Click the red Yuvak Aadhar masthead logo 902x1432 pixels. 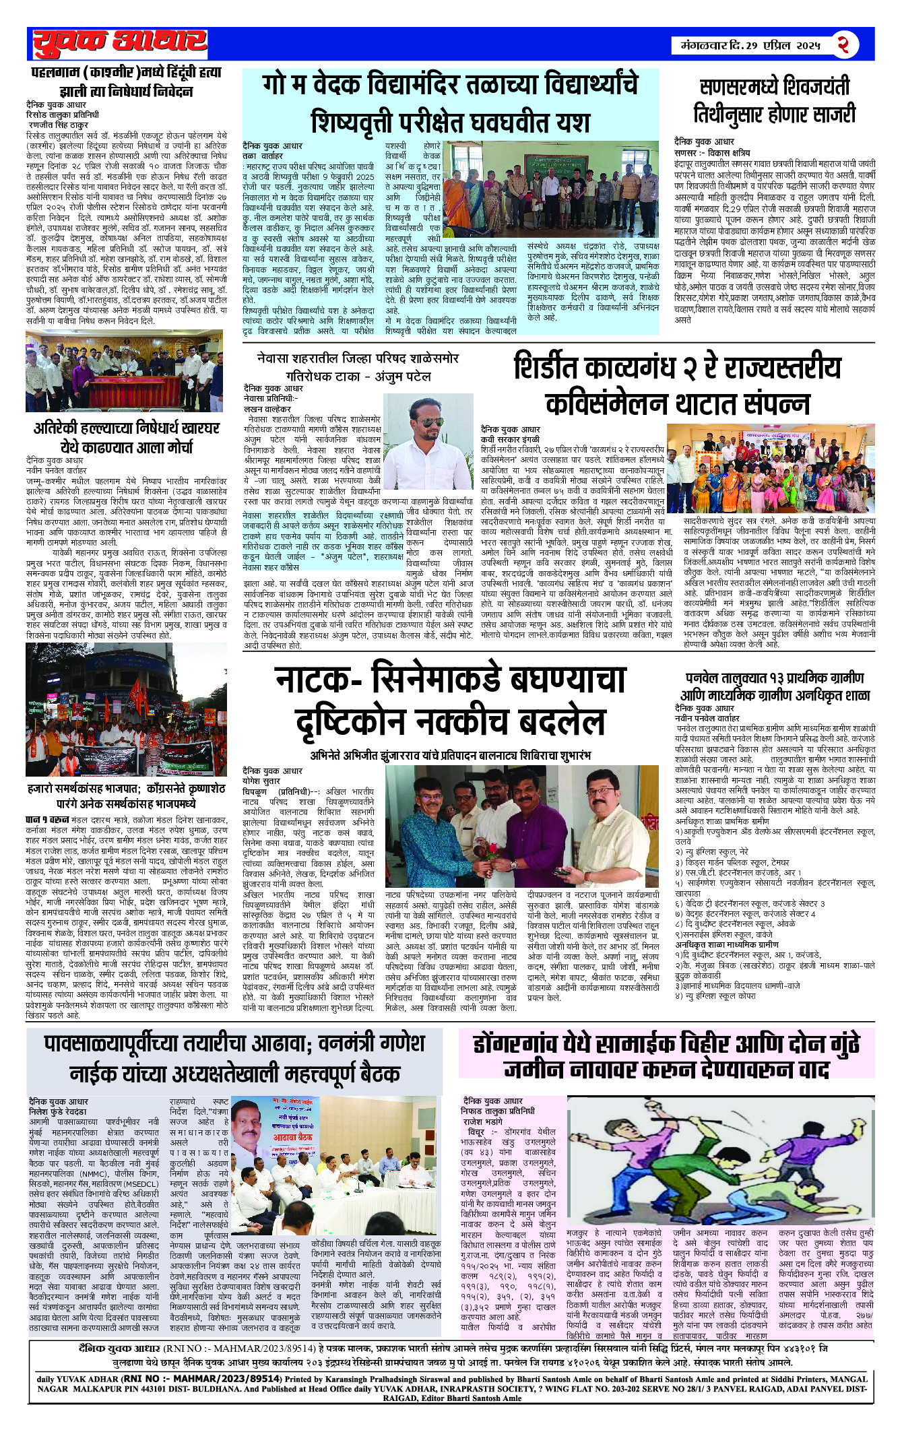(119, 43)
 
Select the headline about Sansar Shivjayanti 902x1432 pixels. (774, 100)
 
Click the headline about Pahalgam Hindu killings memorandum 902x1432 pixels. (126, 82)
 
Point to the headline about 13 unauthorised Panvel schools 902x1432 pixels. (775, 686)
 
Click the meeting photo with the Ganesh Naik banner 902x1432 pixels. (335, 1167)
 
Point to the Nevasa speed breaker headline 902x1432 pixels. (358, 367)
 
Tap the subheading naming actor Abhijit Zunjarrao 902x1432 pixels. (450, 755)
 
